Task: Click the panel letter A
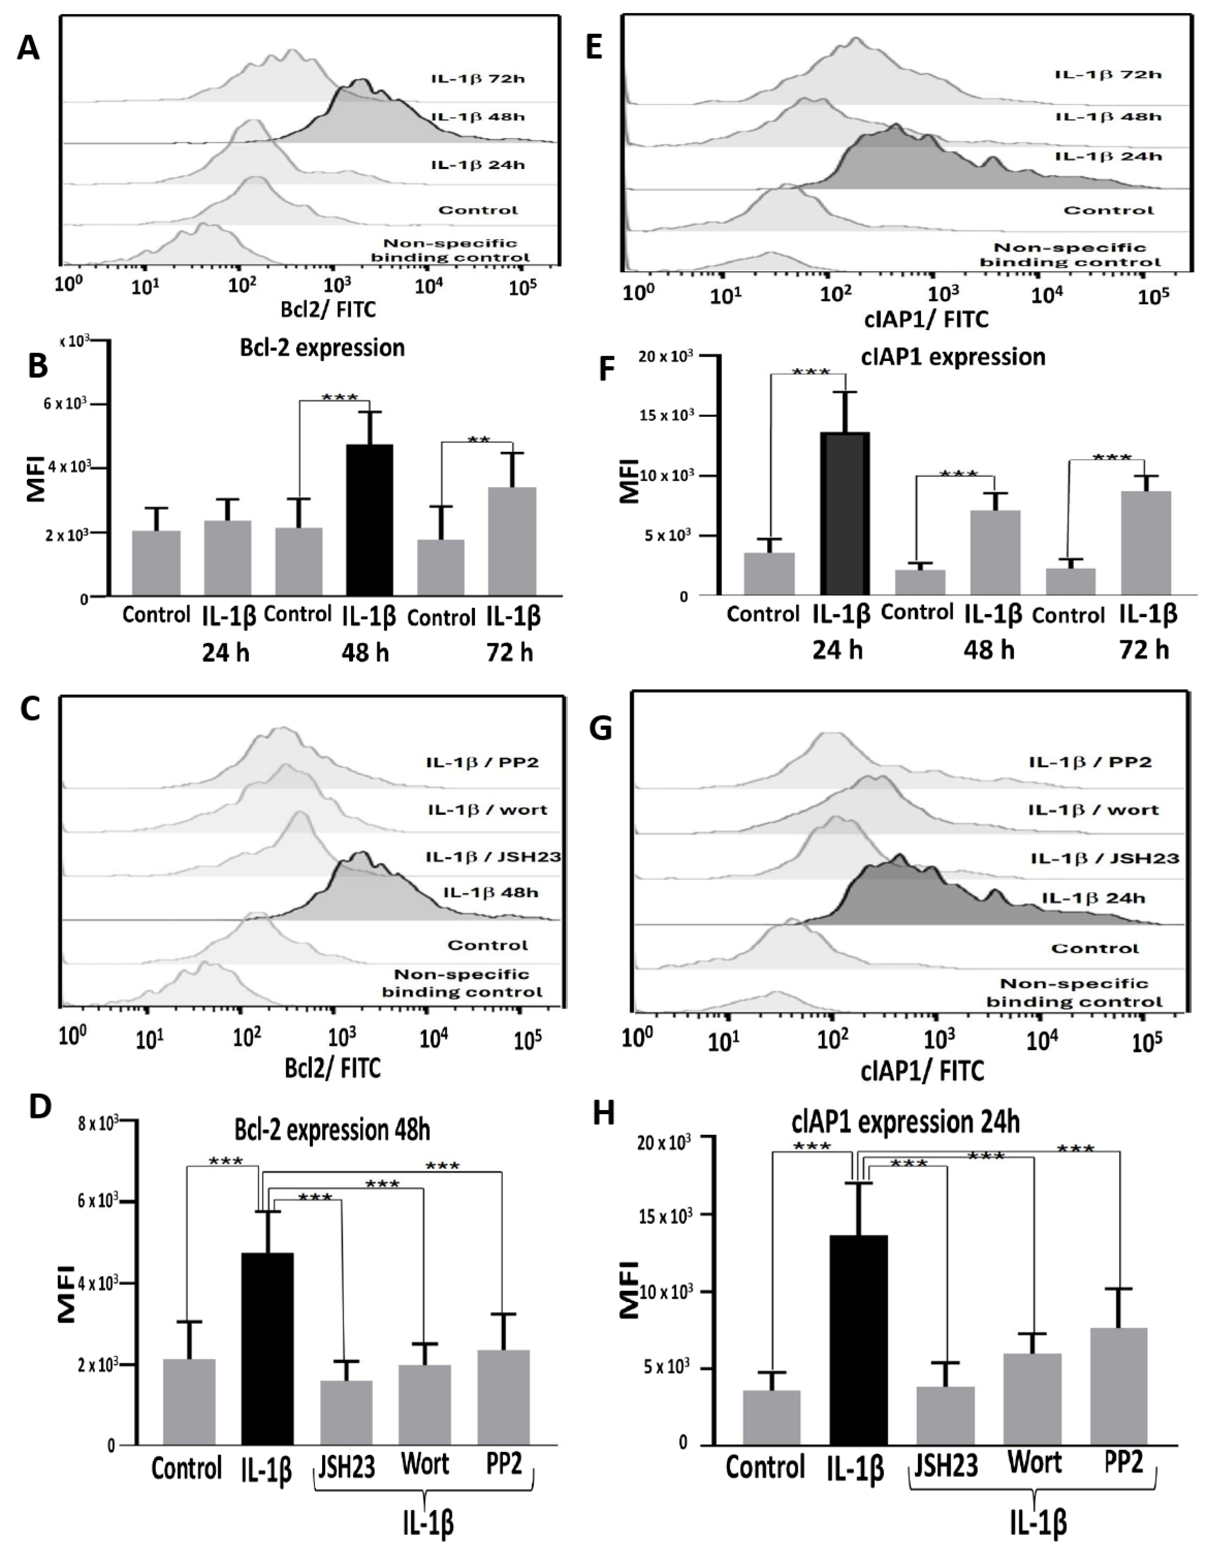tap(29, 49)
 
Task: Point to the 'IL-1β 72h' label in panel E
tap(1108, 75)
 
